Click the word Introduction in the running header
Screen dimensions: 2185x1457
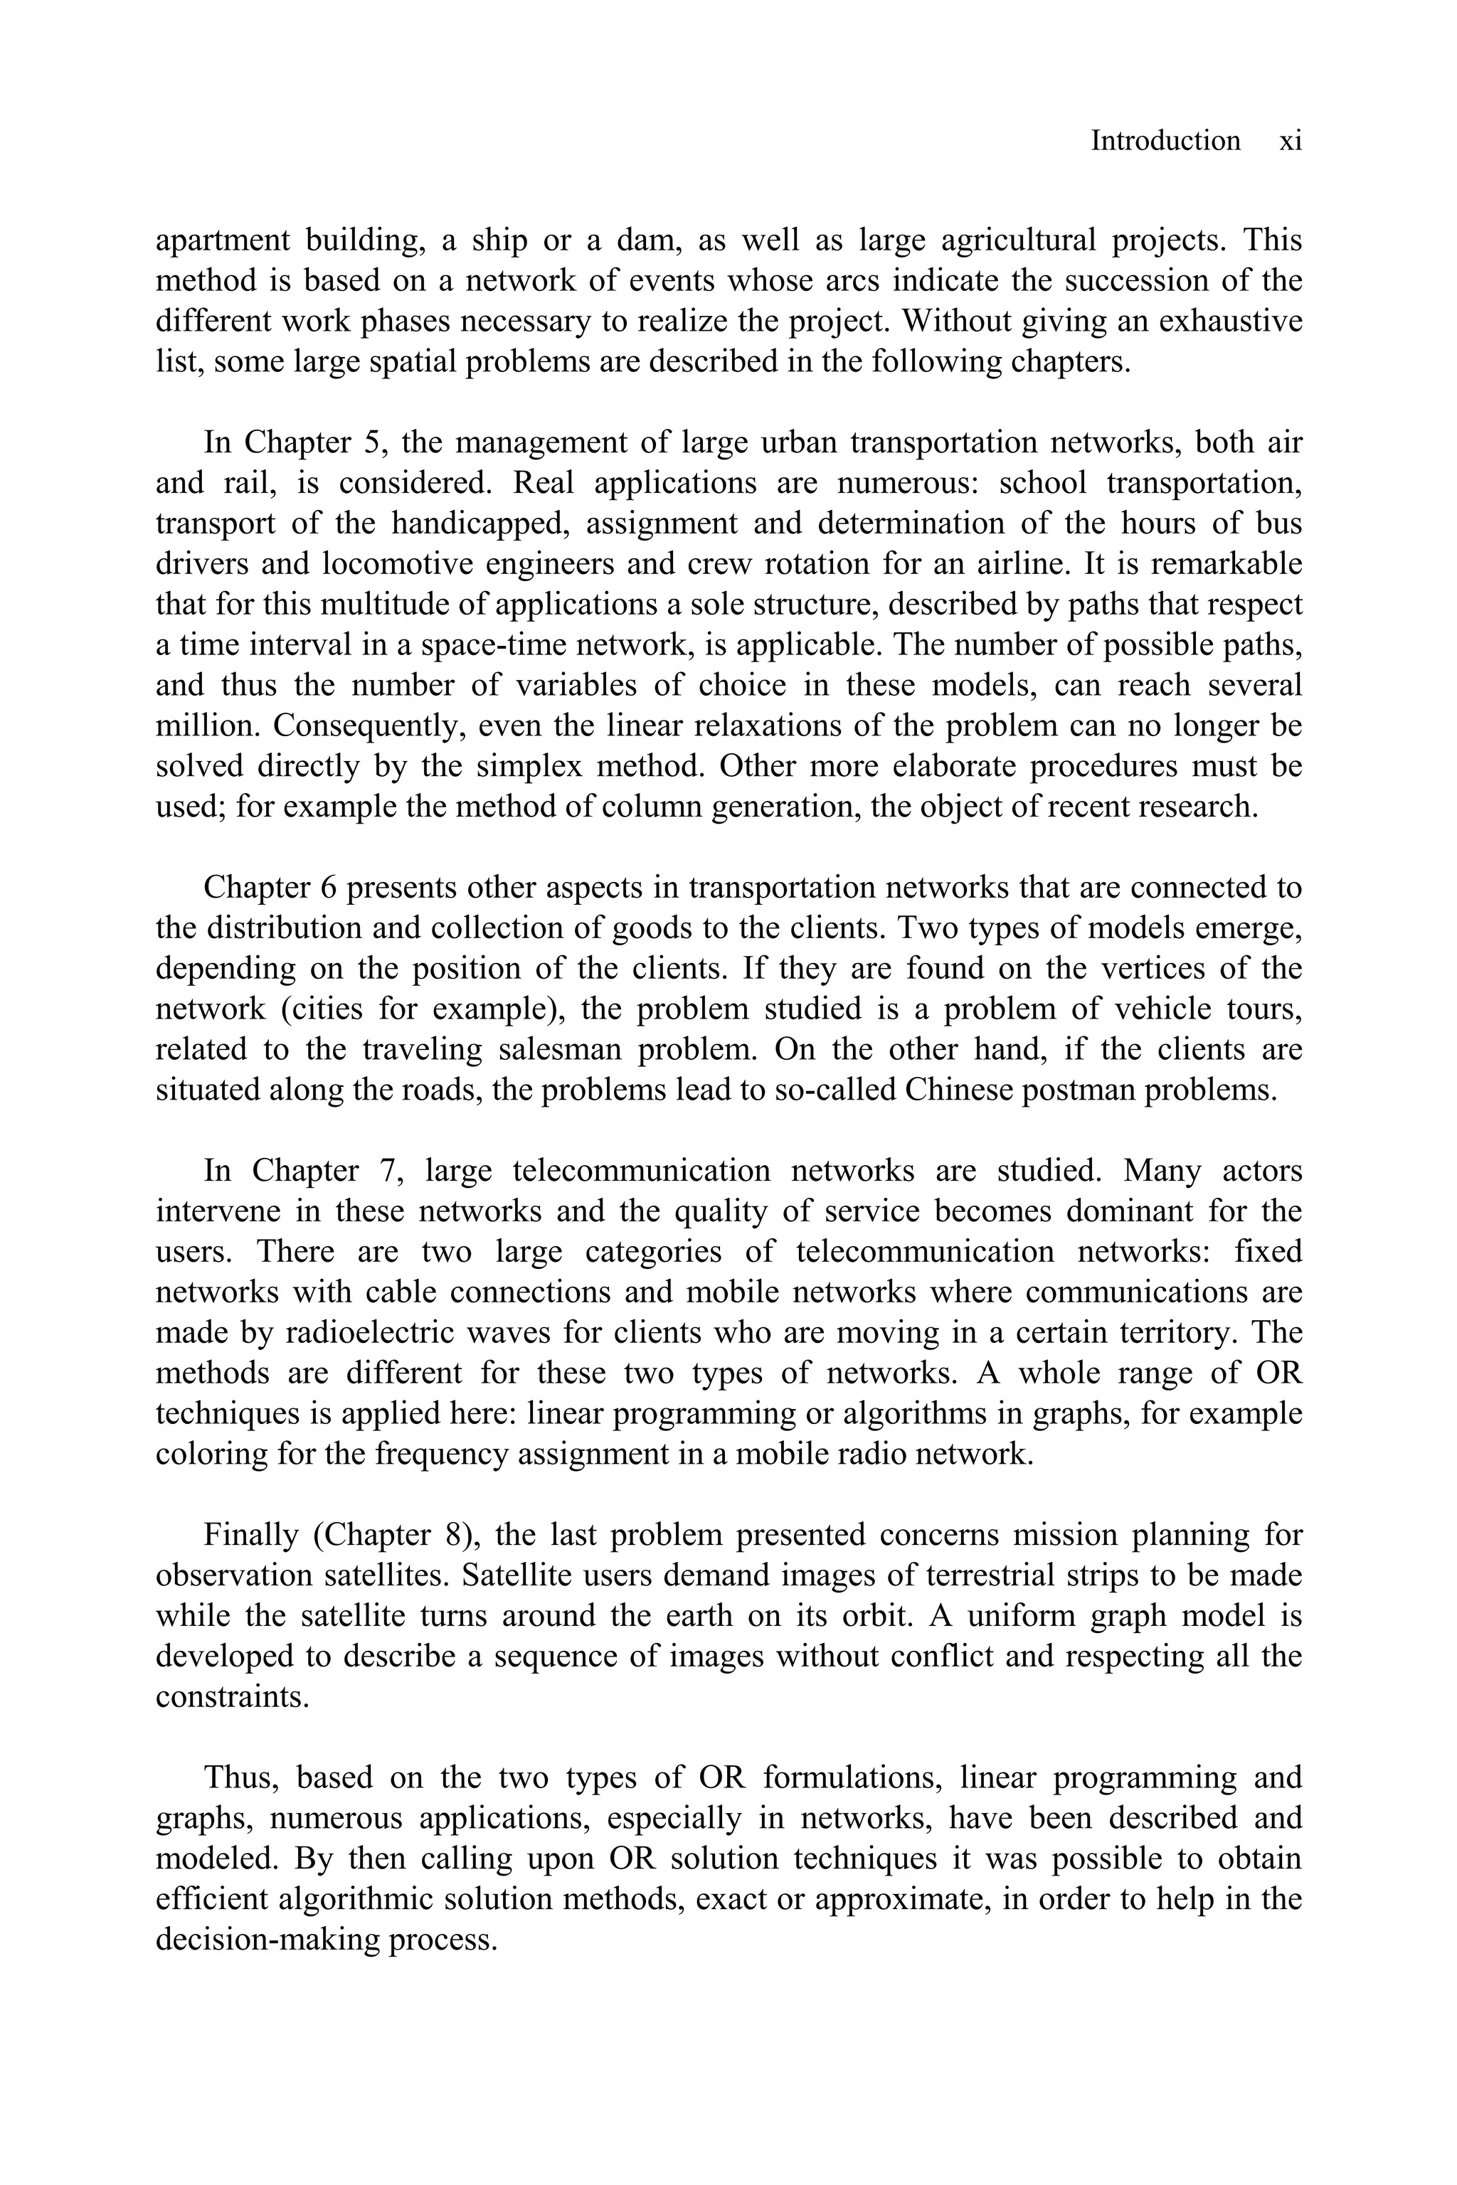1165,142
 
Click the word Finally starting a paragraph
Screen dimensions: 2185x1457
251,1535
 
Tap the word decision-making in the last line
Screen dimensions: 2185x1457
267,1939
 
